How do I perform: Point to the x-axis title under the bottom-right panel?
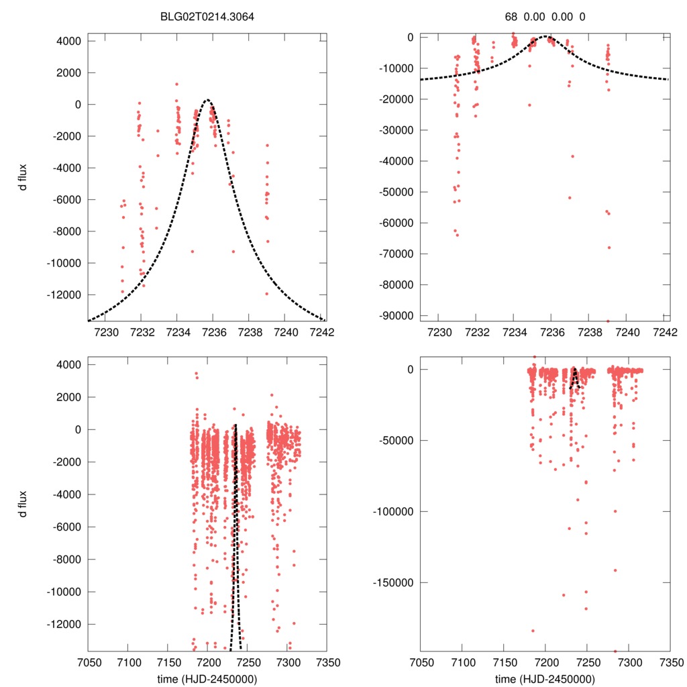(545, 679)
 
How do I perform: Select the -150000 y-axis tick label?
(396, 582)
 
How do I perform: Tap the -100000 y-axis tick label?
(396, 511)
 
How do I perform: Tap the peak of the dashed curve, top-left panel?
(208, 100)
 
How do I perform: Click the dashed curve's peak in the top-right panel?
(545, 36)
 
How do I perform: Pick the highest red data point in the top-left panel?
(176, 84)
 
